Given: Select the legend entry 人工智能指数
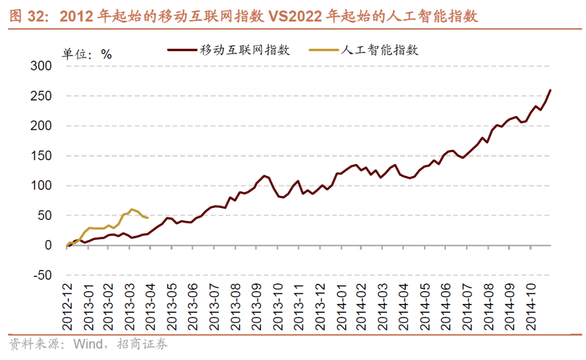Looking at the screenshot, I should [x=379, y=50].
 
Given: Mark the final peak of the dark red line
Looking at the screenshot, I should [x=551, y=90].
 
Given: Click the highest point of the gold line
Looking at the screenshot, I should [x=132, y=209].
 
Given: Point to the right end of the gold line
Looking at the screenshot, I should [x=148, y=218].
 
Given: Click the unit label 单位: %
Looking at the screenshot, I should [x=86, y=54].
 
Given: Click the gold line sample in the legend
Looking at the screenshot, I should [x=324, y=50].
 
